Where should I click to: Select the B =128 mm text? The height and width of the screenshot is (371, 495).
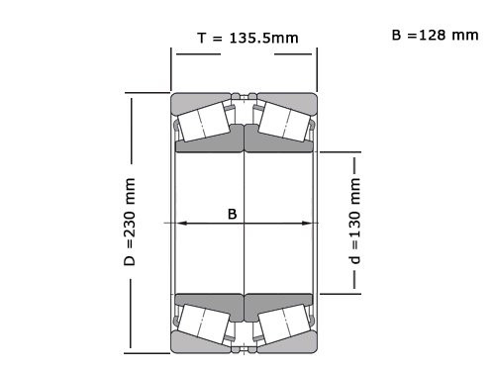[x=435, y=36]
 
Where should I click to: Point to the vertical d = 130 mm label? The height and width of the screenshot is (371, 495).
[x=354, y=223]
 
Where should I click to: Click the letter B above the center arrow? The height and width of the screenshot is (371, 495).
[x=233, y=213]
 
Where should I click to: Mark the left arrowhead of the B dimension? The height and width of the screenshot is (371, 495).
[x=180, y=224]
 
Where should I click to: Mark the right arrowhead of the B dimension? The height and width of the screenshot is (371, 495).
[x=308, y=224]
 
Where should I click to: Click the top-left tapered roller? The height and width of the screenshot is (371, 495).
[x=206, y=120]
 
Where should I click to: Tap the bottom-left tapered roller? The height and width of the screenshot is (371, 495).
[x=206, y=324]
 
